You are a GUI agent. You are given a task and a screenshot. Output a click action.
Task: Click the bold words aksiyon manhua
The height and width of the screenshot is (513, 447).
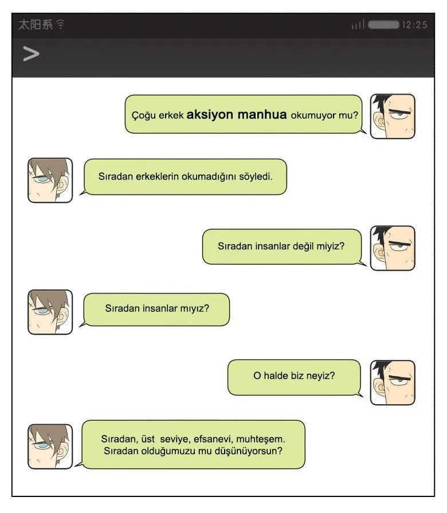(237, 115)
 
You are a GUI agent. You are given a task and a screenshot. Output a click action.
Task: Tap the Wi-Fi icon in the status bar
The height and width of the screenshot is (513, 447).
(60, 24)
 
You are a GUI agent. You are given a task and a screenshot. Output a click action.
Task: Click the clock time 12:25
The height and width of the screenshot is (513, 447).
(414, 25)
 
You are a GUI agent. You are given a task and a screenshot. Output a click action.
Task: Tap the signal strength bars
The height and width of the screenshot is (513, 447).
(358, 25)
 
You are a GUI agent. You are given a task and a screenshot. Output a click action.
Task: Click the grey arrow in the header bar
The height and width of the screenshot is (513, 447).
(31, 54)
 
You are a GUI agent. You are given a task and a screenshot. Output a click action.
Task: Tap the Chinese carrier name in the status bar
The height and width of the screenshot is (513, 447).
(36, 25)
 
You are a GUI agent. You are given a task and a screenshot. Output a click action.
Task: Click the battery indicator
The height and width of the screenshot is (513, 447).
(383, 25)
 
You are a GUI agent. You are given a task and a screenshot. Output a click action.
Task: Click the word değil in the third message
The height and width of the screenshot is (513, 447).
(303, 246)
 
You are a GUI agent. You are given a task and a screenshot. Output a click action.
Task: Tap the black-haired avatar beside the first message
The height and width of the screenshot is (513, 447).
(393, 116)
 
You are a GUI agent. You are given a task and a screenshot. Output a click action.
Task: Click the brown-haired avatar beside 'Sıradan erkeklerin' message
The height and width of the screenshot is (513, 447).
(50, 181)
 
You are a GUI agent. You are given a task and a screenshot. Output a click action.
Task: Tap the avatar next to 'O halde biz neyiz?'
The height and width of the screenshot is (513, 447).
(393, 382)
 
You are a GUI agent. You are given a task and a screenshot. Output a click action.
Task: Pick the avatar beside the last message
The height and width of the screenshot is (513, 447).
(50, 447)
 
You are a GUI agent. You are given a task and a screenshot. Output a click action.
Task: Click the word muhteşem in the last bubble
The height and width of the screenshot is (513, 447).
(261, 438)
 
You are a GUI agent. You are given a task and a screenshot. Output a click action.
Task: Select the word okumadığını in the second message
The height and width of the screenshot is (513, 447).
(209, 177)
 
